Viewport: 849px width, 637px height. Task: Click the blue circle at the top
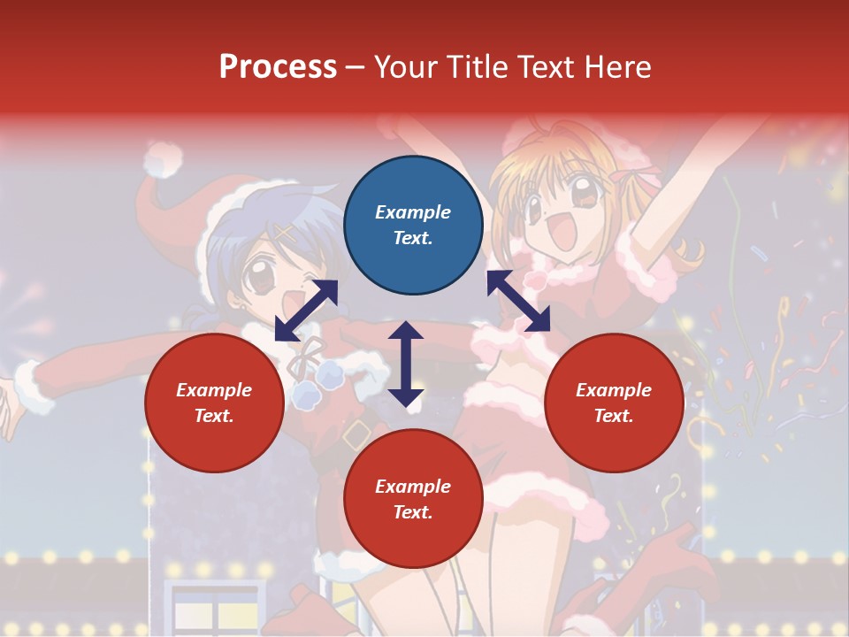tap(413, 226)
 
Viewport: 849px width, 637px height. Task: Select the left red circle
tap(214, 403)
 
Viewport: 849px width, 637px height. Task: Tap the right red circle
tap(614, 403)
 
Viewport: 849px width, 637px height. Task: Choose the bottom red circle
tap(413, 499)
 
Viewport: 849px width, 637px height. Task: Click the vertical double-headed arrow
tap(406, 364)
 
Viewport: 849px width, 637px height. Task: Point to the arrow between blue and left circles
tap(306, 310)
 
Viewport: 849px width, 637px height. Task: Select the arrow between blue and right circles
tap(518, 301)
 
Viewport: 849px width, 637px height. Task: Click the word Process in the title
tap(278, 66)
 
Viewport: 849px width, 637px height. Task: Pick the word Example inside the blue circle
tap(413, 212)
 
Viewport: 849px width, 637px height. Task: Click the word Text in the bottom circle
tap(411, 512)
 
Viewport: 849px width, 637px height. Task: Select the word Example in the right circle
tap(614, 390)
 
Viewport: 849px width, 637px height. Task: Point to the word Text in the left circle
tap(213, 416)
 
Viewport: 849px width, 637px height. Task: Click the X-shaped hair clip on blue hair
tap(284, 233)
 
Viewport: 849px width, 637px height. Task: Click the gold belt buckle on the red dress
tap(357, 434)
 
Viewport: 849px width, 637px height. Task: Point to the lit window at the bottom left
tap(214, 610)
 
